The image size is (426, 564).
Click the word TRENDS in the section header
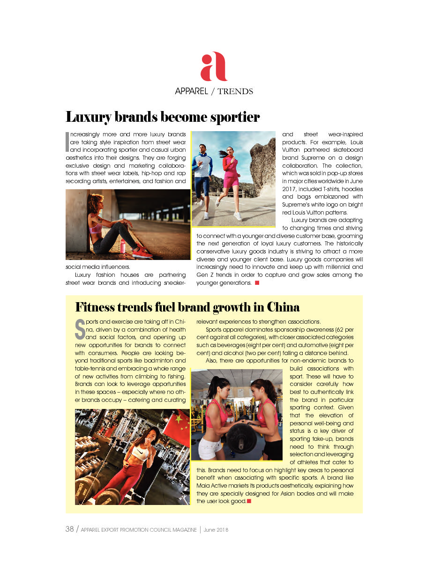click(235, 91)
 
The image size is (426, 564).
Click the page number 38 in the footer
click(70, 529)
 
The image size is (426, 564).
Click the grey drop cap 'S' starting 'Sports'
click(80, 329)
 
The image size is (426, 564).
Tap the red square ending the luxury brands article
click(257, 283)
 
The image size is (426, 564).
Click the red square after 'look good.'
click(249, 501)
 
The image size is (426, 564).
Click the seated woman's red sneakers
click(142, 252)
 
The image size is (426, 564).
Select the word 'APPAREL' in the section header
click(191, 91)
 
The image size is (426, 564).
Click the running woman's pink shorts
click(231, 180)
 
